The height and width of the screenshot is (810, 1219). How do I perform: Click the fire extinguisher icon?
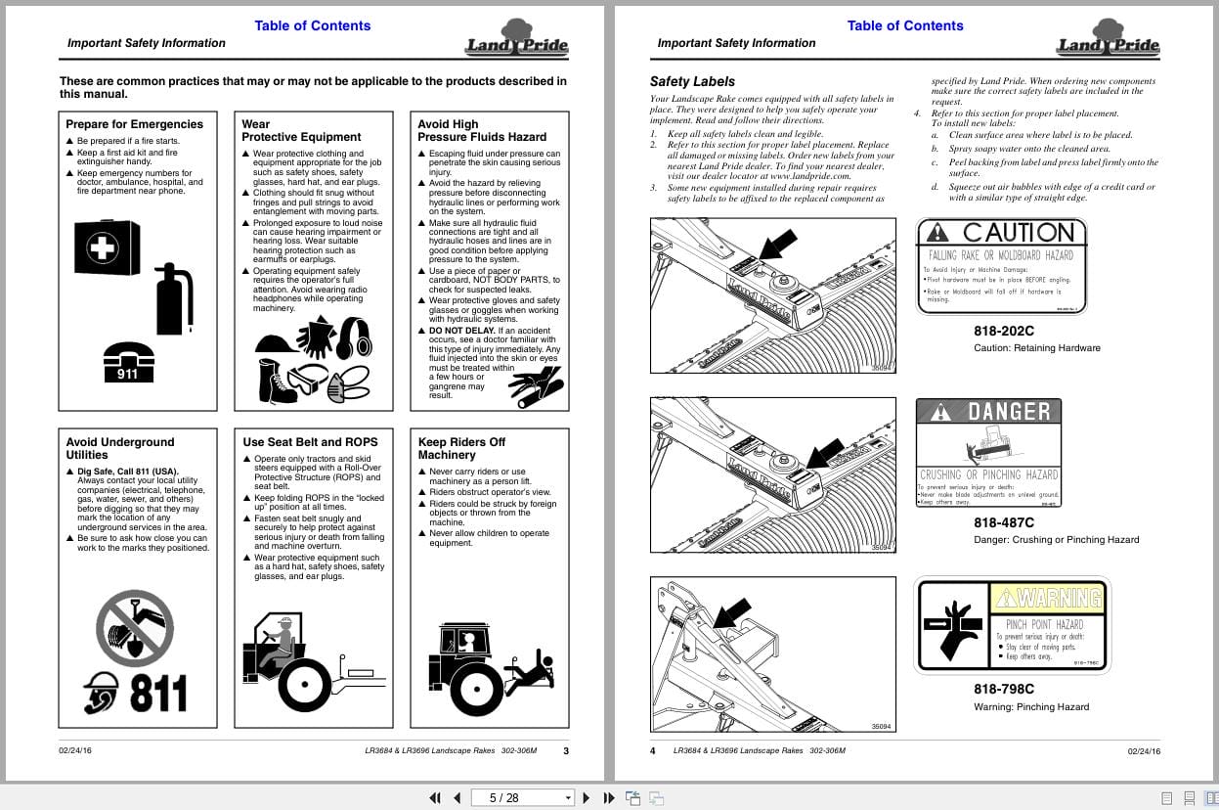tap(174, 298)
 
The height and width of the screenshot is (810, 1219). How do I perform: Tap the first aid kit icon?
tap(107, 247)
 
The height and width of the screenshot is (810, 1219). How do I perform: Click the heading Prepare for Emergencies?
tap(134, 124)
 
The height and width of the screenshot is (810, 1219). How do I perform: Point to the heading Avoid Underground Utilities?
tap(120, 448)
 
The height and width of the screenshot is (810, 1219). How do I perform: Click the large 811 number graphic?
tap(158, 693)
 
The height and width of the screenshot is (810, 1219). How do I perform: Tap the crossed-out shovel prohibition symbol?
tap(135, 627)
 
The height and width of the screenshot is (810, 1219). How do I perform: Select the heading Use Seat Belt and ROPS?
tap(310, 442)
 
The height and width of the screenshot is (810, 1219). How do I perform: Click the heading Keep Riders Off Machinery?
tap(461, 448)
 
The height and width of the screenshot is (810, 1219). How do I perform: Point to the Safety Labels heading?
tap(692, 81)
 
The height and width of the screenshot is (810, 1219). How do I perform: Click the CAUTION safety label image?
tap(1002, 266)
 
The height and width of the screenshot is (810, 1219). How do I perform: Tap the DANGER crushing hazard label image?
tap(988, 453)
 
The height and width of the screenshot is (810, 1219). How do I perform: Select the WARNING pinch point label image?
tap(1012, 626)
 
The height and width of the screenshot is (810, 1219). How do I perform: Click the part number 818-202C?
tap(1003, 331)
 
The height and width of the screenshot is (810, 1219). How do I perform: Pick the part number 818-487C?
tap(1003, 522)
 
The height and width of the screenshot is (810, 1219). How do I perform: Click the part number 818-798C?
tap(1003, 689)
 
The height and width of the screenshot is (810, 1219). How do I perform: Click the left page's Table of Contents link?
tap(312, 25)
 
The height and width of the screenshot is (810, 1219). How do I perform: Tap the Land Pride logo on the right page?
tap(1107, 39)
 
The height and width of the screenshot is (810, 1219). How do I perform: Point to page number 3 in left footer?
tap(565, 751)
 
